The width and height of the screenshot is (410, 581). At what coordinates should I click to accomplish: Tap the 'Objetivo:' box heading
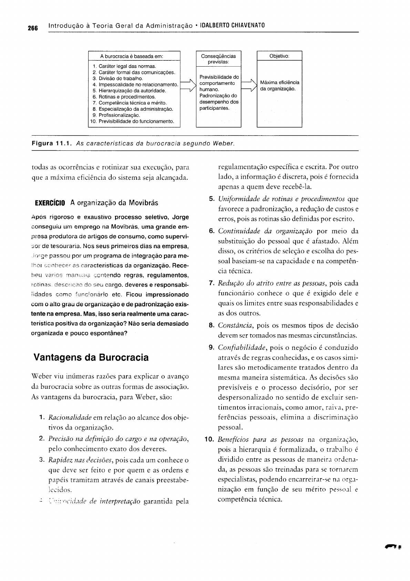(279, 56)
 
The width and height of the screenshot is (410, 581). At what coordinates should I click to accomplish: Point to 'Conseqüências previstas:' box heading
(218, 59)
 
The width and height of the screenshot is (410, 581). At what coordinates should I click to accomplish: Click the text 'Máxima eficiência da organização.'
(279, 86)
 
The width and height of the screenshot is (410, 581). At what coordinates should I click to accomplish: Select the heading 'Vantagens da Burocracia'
(91, 357)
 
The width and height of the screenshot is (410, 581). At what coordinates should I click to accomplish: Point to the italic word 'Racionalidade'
(70, 418)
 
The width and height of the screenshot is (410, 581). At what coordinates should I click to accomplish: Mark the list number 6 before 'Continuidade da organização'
(212, 230)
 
